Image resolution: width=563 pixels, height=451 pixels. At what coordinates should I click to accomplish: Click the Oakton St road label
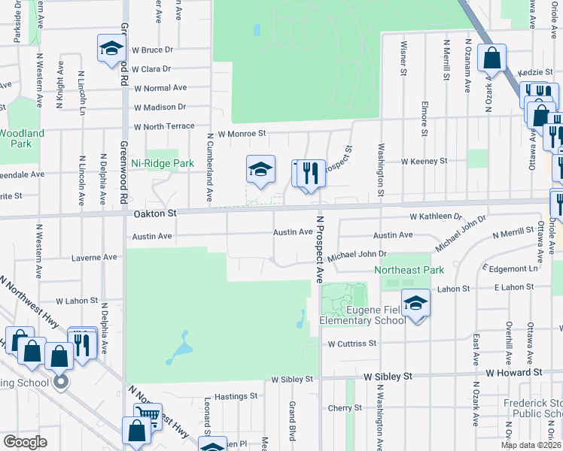[155, 213]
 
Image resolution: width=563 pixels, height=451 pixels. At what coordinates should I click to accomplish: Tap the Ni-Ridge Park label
[157, 162]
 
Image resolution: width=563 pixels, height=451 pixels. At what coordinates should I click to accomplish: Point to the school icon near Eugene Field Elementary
[415, 303]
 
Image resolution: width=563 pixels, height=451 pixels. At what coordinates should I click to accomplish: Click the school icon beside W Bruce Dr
[111, 49]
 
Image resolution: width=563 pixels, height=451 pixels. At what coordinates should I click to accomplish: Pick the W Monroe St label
[242, 134]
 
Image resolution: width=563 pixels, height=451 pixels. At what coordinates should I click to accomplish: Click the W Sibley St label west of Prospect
[291, 380]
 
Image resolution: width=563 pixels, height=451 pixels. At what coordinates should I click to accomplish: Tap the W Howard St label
[514, 372]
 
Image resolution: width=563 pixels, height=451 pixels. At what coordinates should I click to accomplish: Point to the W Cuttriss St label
[351, 344]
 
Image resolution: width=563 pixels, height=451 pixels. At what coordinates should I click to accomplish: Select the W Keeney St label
[424, 161]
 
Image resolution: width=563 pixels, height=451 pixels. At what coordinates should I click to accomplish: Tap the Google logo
[26, 442]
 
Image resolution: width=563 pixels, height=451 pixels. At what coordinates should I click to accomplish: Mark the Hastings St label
[236, 396]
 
